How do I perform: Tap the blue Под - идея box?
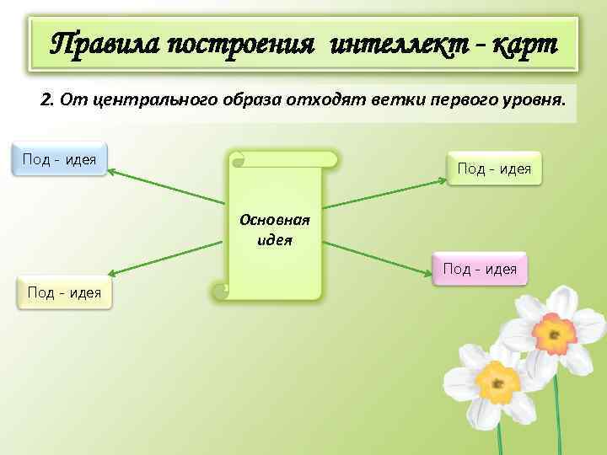pos(59,158)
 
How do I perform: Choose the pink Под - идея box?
pos(480,270)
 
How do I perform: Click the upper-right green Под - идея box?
pos(494,169)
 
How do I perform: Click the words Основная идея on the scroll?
pos(275,228)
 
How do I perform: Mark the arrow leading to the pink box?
pos(379,256)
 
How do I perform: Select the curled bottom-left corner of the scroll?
pos(220,292)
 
